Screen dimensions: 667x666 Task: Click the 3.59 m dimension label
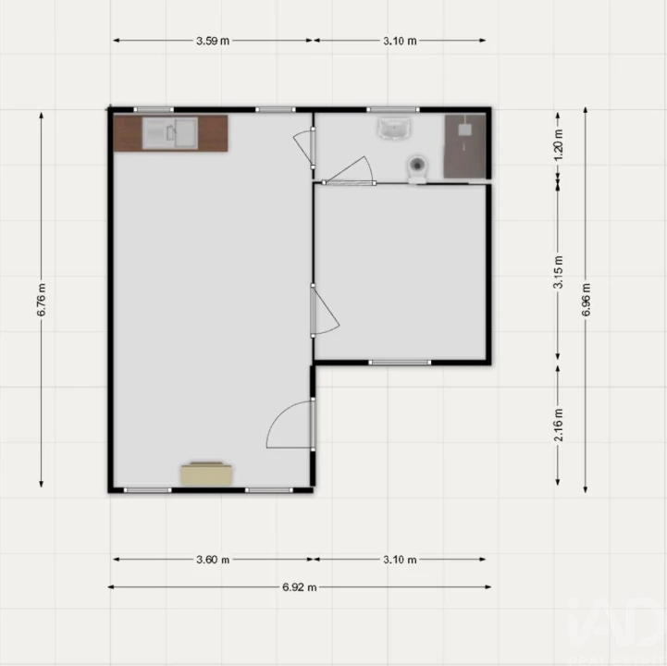tap(213, 41)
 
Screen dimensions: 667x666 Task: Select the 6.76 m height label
tap(42, 300)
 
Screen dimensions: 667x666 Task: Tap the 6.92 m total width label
tap(300, 587)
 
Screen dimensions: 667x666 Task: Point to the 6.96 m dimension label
tap(586, 300)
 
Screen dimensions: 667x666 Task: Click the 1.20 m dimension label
tap(559, 145)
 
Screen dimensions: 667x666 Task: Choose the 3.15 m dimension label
tap(558, 272)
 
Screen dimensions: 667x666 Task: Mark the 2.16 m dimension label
tap(558, 425)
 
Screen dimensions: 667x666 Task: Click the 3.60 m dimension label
tap(213, 560)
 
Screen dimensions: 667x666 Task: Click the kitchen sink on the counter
tap(170, 133)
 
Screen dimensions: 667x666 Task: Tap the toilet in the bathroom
tap(418, 169)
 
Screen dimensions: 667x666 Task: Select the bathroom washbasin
tap(394, 129)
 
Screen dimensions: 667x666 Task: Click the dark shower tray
tap(465, 146)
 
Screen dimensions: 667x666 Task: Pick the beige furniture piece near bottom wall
tap(206, 474)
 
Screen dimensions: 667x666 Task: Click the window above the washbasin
tap(393, 110)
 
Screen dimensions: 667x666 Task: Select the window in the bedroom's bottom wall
tap(400, 363)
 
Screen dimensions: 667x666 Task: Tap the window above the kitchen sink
tap(154, 110)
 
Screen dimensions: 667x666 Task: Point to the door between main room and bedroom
tap(324, 311)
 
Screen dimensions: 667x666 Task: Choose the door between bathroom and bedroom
tap(350, 171)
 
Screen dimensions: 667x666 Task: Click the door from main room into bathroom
tap(304, 147)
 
